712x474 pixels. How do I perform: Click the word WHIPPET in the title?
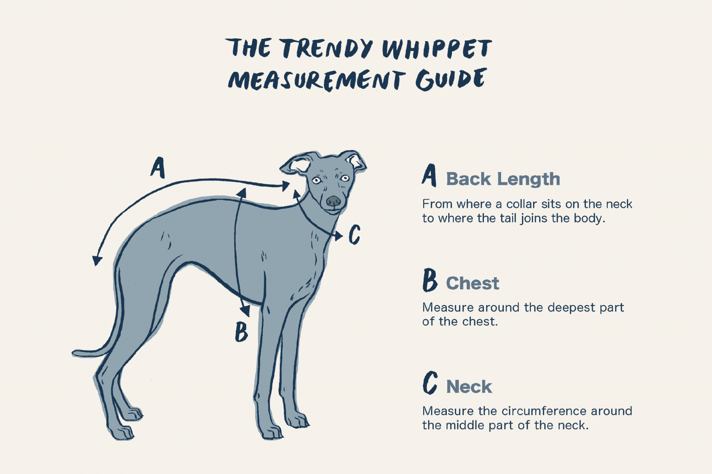pos(437,49)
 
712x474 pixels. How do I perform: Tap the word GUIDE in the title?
pos(451,80)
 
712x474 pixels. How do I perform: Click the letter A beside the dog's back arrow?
pos(157,168)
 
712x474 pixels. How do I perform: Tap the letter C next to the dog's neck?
pos(354,235)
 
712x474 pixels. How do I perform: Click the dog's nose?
pos(334,201)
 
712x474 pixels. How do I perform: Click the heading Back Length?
pos(503,179)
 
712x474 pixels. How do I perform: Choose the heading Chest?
pos(472,284)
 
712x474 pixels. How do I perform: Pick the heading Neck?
pos(469,387)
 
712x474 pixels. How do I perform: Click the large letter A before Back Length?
pos(429,176)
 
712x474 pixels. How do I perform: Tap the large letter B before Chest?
pos(430,281)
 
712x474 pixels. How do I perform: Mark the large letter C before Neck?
pos(430,383)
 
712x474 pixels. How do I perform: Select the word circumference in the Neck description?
pos(543,411)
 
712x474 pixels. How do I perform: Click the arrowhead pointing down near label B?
pos(245,311)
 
